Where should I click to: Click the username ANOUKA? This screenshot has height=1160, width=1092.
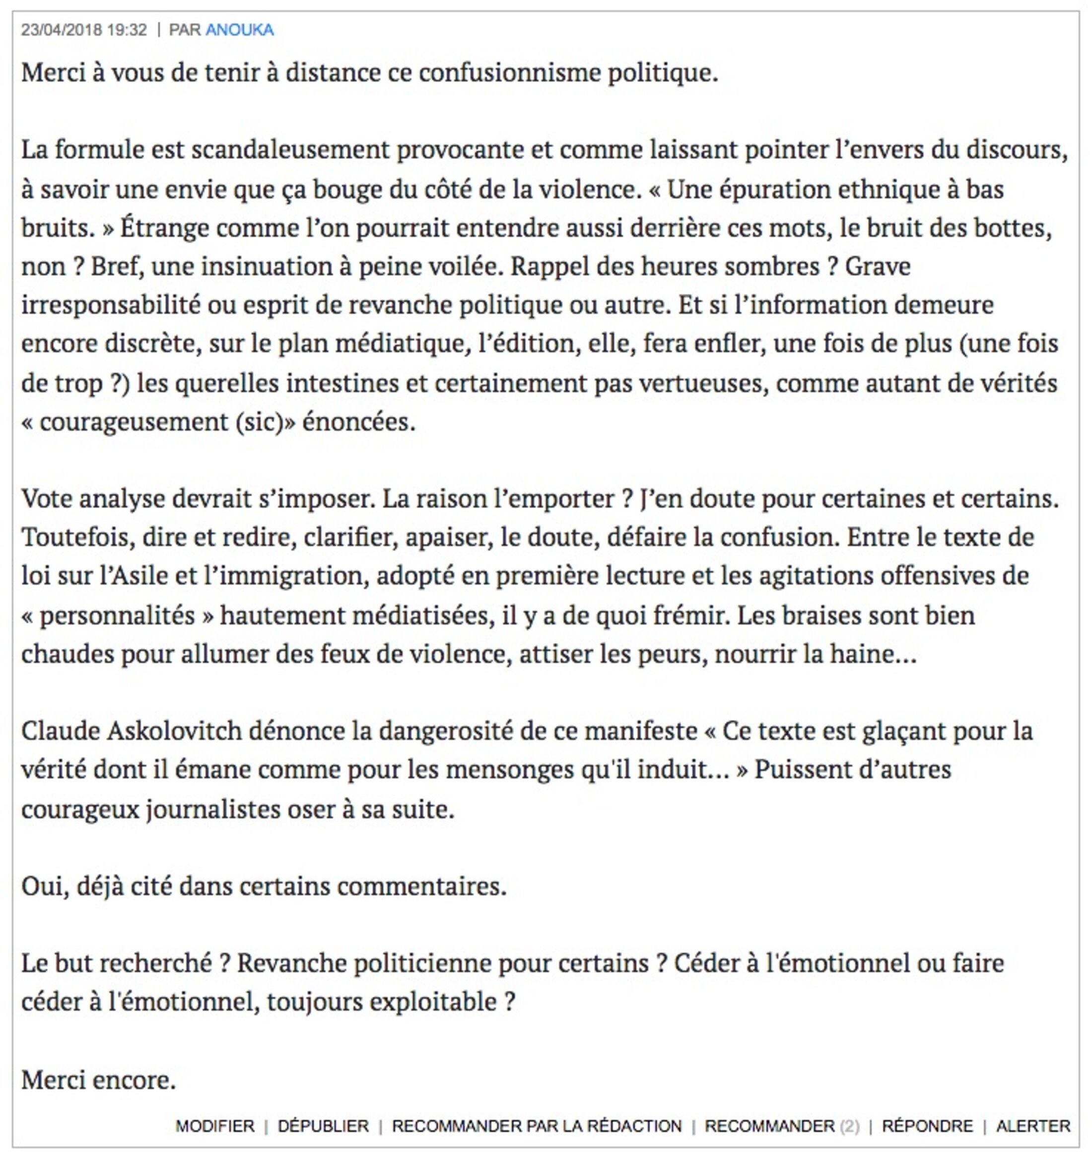[x=239, y=30]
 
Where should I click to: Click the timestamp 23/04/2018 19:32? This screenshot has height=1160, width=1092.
[x=84, y=30]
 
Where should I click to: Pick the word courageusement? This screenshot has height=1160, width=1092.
[x=134, y=422]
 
